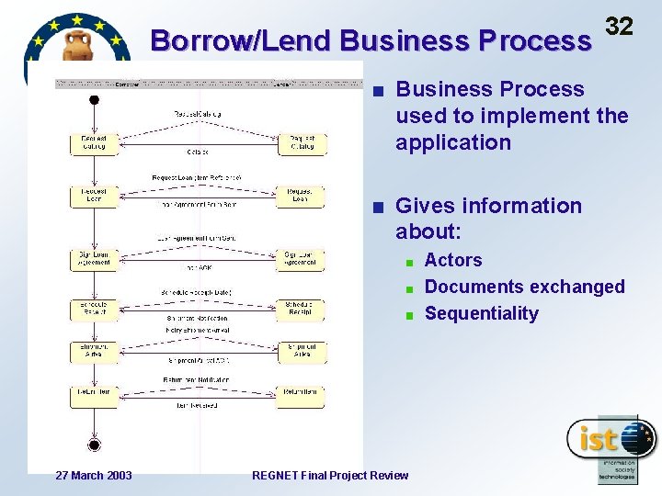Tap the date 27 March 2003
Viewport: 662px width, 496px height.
[93, 475]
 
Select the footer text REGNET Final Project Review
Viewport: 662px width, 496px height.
[330, 475]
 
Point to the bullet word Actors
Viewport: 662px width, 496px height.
[453, 260]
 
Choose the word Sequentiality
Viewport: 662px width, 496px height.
[481, 313]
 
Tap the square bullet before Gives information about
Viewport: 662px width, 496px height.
[380, 207]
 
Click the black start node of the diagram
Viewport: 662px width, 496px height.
[94, 99]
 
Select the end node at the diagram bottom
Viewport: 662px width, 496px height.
[94, 445]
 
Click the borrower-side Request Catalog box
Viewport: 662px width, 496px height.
[94, 144]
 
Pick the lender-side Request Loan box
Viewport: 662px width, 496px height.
[301, 196]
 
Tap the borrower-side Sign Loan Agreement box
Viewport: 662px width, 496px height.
[94, 259]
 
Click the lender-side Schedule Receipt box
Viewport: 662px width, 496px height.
[301, 309]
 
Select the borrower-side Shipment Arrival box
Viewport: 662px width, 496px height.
[94, 351]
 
